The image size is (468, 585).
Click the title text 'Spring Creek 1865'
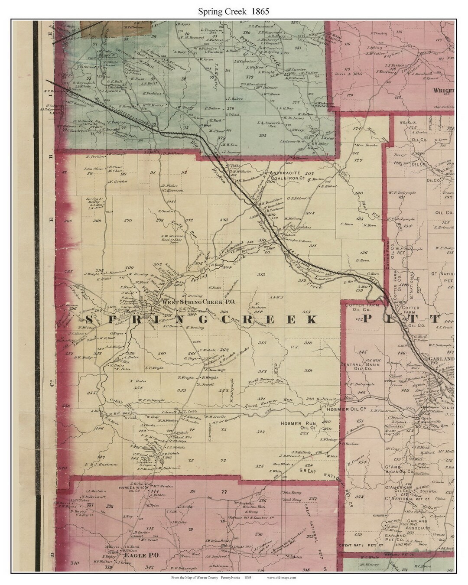pos(234,12)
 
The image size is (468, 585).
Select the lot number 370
pos(128,221)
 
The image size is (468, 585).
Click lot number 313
pos(261,275)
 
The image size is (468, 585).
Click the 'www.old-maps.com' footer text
pos(281,578)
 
